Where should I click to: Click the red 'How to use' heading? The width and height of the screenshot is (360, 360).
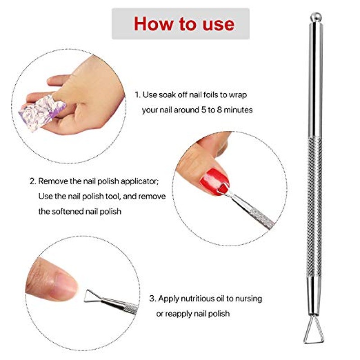(x=184, y=23)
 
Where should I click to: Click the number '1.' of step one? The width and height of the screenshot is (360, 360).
(x=138, y=95)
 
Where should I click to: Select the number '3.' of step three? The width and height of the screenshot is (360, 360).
(x=153, y=298)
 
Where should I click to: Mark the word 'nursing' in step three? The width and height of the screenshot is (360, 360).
(x=249, y=298)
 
